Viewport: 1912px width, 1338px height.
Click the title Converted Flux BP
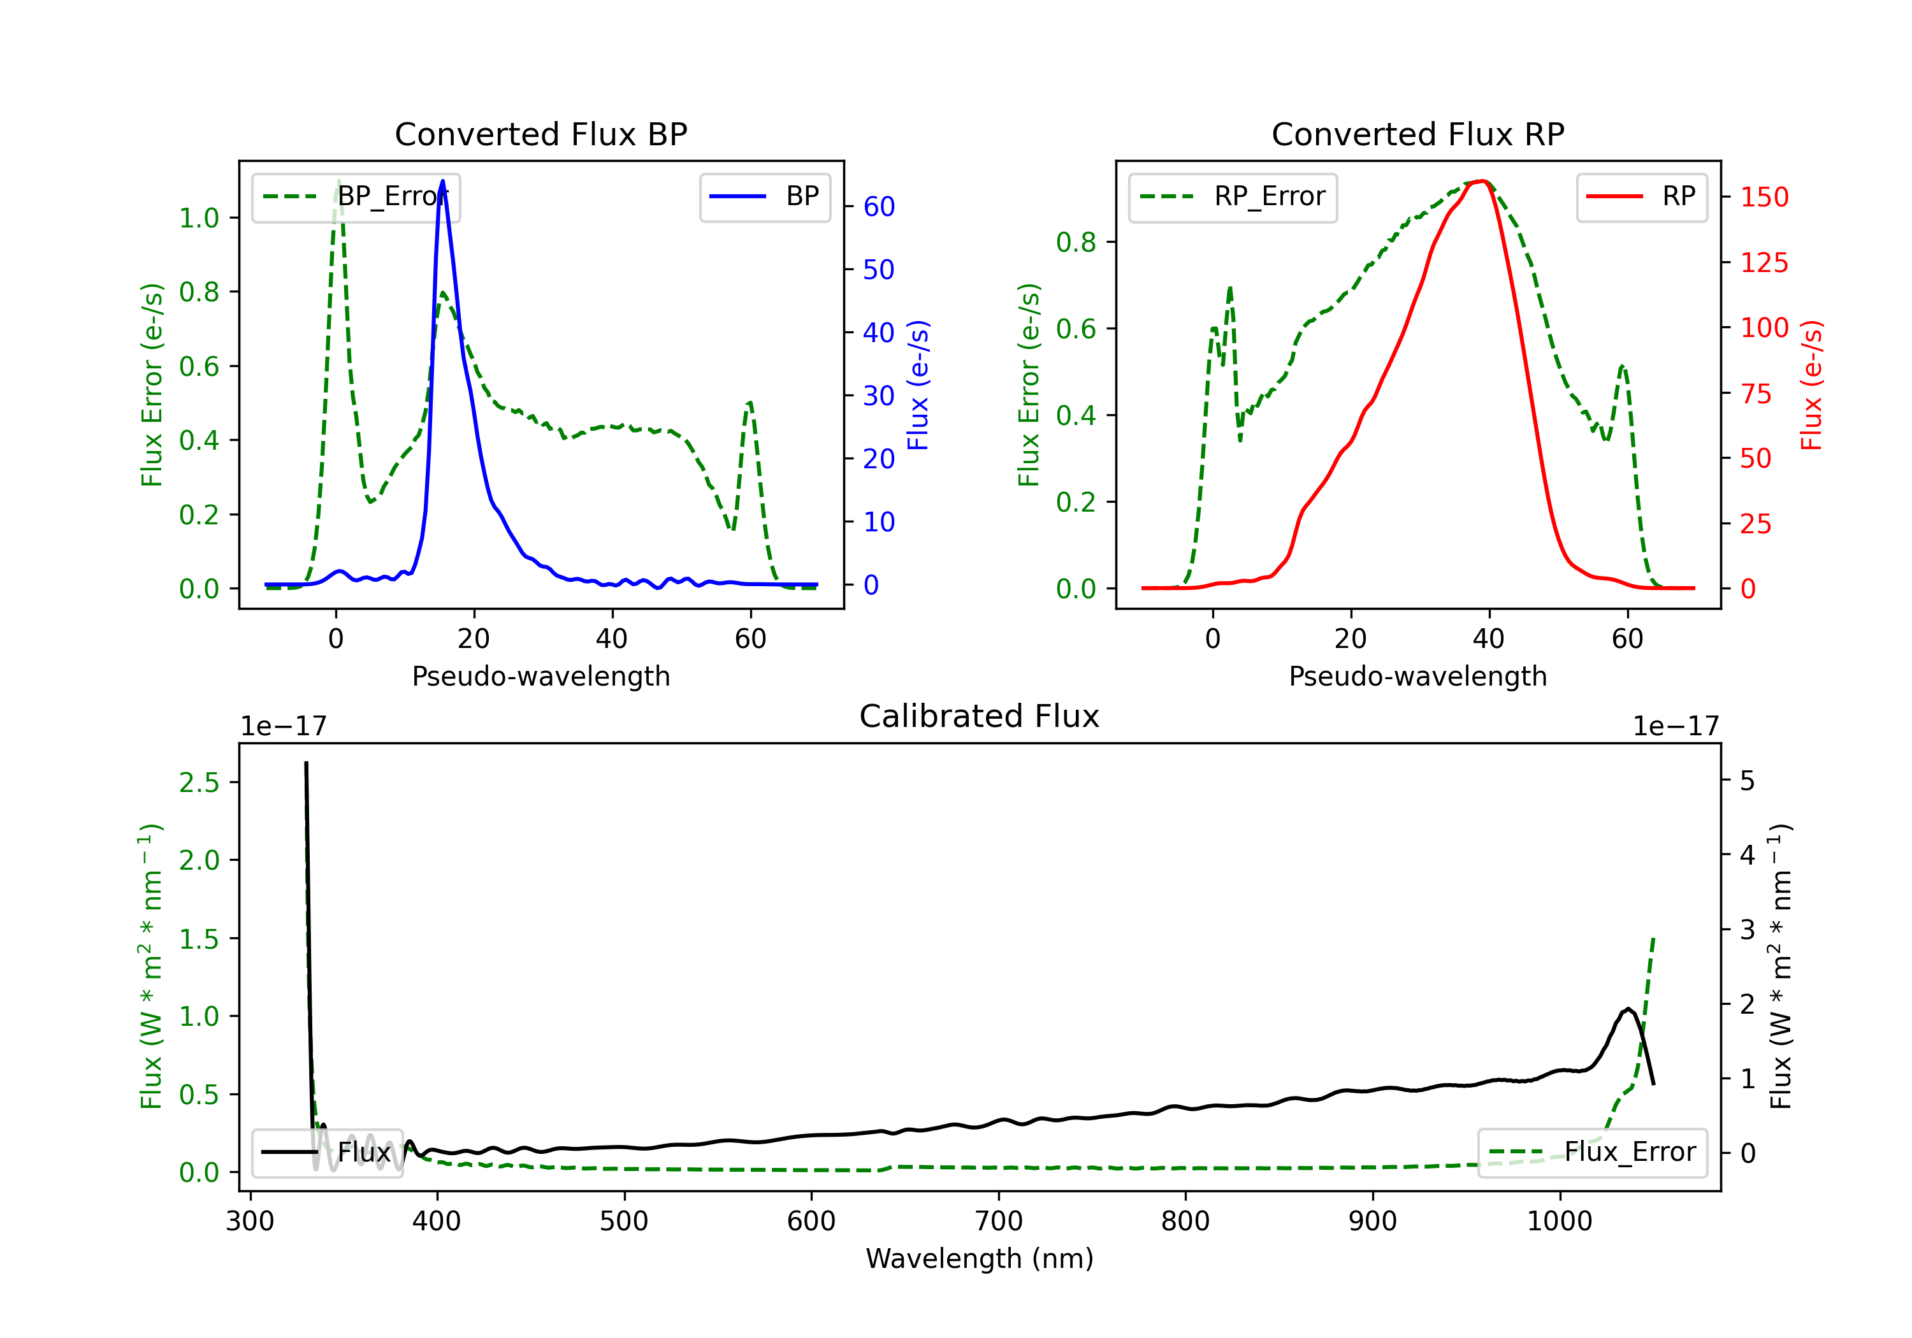(540, 134)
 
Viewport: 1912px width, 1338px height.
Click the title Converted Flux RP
(1417, 134)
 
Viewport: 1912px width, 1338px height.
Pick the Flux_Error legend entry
(1591, 1153)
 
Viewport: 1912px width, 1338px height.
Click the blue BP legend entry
(764, 196)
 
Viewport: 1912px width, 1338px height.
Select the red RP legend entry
(1641, 196)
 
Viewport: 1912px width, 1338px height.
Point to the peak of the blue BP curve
(442, 181)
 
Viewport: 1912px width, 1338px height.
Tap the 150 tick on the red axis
(1764, 198)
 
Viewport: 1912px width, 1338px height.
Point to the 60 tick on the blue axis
(878, 206)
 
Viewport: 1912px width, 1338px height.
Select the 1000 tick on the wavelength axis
(1559, 1221)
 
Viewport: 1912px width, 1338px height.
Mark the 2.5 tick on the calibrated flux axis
(199, 782)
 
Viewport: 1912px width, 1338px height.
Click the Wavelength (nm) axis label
(980, 1258)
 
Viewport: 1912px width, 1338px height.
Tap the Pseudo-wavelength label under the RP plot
(1417, 676)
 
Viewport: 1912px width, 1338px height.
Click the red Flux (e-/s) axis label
(1812, 385)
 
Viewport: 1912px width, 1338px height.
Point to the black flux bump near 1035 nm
(1627, 1009)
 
